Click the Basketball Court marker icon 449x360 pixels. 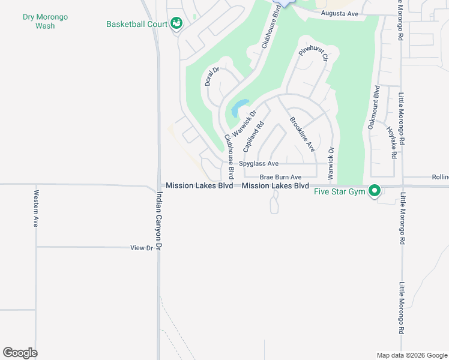coord(176,23)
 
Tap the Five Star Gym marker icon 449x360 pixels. coord(375,192)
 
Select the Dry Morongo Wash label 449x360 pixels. coord(45,21)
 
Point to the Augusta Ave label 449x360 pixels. coord(339,13)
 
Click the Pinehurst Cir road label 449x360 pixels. coord(313,55)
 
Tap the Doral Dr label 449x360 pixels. coord(212,76)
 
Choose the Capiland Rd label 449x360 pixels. coord(253,137)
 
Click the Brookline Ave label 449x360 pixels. coord(302,134)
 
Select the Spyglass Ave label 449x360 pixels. coord(259,163)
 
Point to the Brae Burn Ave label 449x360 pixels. coord(280,177)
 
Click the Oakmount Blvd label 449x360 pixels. coord(373,108)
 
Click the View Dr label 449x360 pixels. coord(142,247)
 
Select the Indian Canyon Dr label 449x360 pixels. coord(160,220)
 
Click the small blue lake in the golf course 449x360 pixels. coord(240,107)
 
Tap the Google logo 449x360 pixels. coord(20,353)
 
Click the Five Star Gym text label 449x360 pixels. coord(341,192)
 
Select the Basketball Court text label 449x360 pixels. coord(136,25)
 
